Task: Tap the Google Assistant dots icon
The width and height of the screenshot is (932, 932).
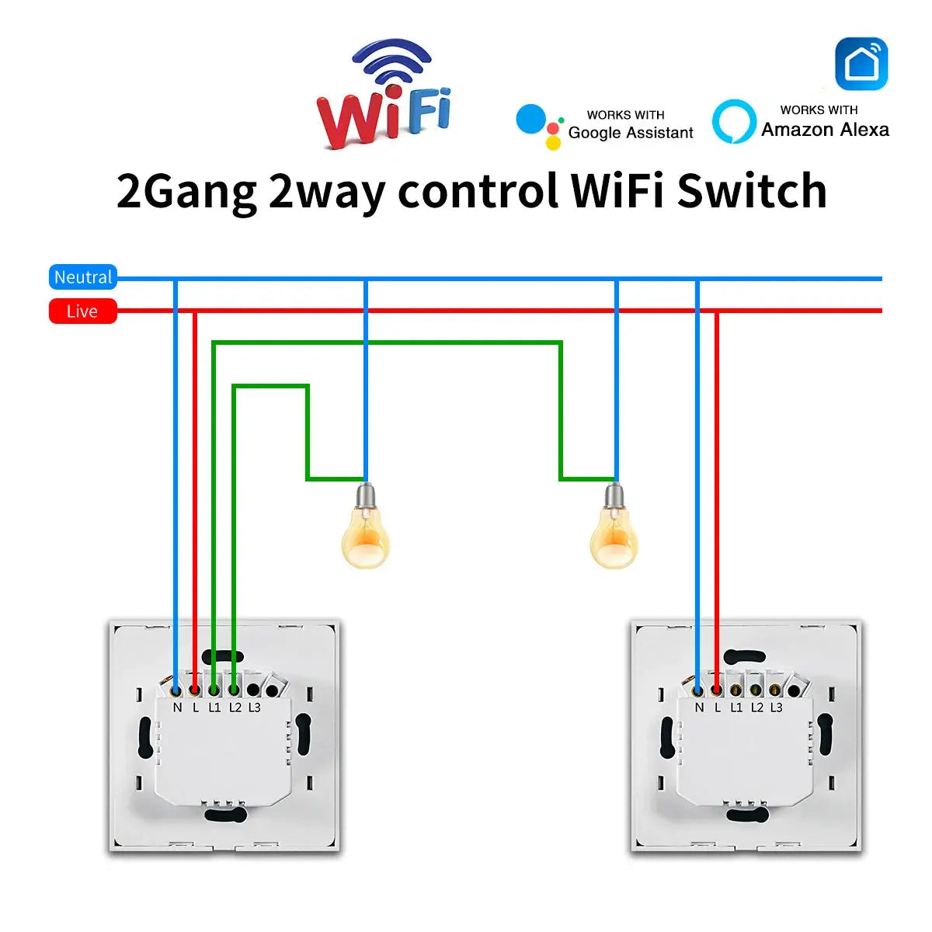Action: [x=538, y=124]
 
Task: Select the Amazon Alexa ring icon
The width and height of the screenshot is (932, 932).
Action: [x=733, y=122]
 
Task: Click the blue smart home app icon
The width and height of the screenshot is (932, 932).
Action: [x=861, y=64]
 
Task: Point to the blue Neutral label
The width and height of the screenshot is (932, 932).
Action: [x=82, y=277]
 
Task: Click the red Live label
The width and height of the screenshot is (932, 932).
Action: [x=82, y=311]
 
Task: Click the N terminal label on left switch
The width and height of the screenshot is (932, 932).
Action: [x=177, y=708]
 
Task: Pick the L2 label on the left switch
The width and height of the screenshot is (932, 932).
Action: [x=235, y=708]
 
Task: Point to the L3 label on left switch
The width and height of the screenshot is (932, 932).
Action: [x=255, y=708]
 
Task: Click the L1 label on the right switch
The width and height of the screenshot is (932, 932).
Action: [x=736, y=708]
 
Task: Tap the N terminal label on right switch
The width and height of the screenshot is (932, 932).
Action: [x=699, y=708]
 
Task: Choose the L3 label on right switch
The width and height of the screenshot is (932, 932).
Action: [x=776, y=708]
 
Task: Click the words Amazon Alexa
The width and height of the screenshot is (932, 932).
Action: [x=825, y=130]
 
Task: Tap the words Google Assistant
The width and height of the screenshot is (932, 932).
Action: [x=631, y=133]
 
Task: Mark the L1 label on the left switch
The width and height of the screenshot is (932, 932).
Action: [x=215, y=708]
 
